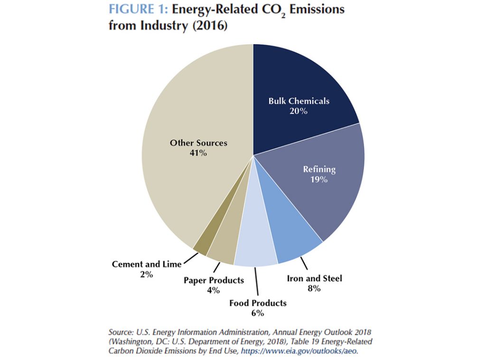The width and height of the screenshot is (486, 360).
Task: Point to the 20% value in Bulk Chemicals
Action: tap(299, 111)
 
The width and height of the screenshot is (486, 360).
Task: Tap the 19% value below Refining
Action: tap(319, 180)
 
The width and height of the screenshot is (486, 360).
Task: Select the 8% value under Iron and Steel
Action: tap(314, 288)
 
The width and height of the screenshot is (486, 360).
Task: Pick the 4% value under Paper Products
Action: tap(214, 290)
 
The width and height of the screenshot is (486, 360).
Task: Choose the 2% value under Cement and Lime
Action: tap(147, 275)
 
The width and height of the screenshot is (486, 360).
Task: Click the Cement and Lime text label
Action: tap(147, 264)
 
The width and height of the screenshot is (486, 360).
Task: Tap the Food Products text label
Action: tap(258, 303)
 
